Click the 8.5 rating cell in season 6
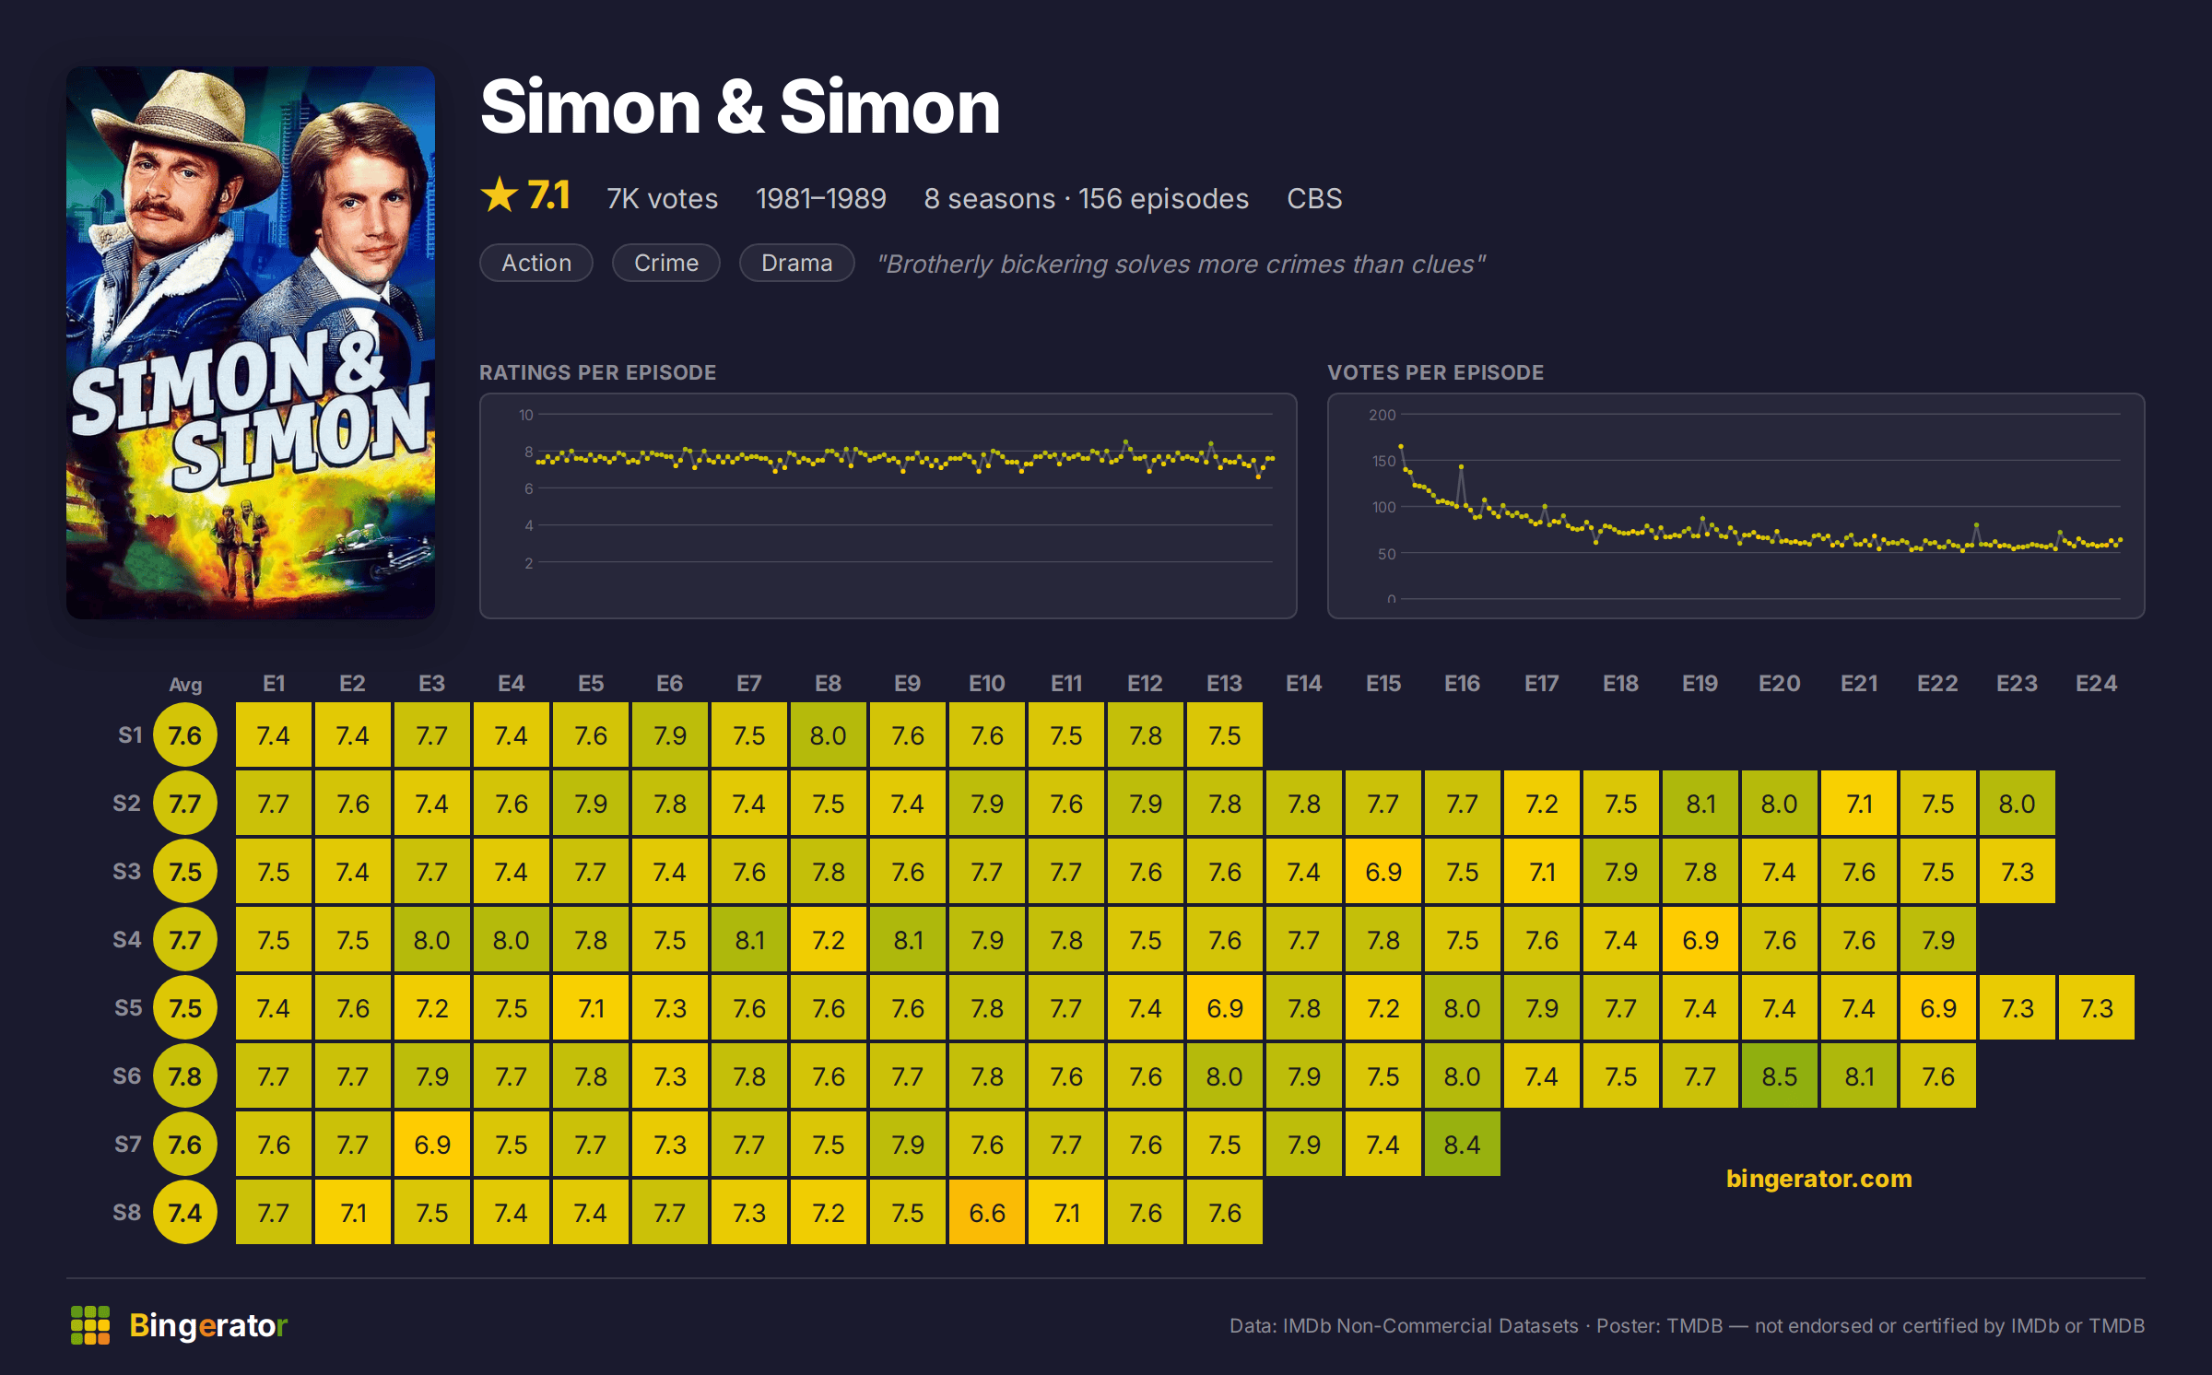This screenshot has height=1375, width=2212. click(x=1779, y=1075)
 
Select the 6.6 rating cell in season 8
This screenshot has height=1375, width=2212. click(x=986, y=1212)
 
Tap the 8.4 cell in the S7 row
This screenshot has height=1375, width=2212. click(x=1462, y=1144)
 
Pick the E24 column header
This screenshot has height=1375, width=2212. click(x=2096, y=683)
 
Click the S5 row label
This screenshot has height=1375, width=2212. click(x=128, y=1007)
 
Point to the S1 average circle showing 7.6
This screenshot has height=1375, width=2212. click(x=185, y=735)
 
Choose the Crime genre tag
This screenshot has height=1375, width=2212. click(x=666, y=263)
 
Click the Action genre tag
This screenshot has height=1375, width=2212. click(x=536, y=263)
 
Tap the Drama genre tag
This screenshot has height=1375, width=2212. click(x=796, y=263)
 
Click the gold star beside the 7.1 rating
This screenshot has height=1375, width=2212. click(x=500, y=194)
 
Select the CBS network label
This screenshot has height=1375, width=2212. click(x=1314, y=198)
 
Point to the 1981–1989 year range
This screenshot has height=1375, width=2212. click(x=820, y=198)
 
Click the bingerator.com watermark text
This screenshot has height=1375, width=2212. click(x=1818, y=1179)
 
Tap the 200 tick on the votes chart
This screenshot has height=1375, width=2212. click(x=1382, y=415)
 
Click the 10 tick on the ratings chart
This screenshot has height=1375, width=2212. click(x=525, y=415)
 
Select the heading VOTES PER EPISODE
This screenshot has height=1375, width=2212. click(x=1435, y=372)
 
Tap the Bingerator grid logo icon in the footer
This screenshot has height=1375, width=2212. click(x=90, y=1325)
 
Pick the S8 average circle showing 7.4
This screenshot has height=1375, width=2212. click(x=185, y=1212)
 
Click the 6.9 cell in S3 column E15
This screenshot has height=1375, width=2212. click(x=1382, y=871)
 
